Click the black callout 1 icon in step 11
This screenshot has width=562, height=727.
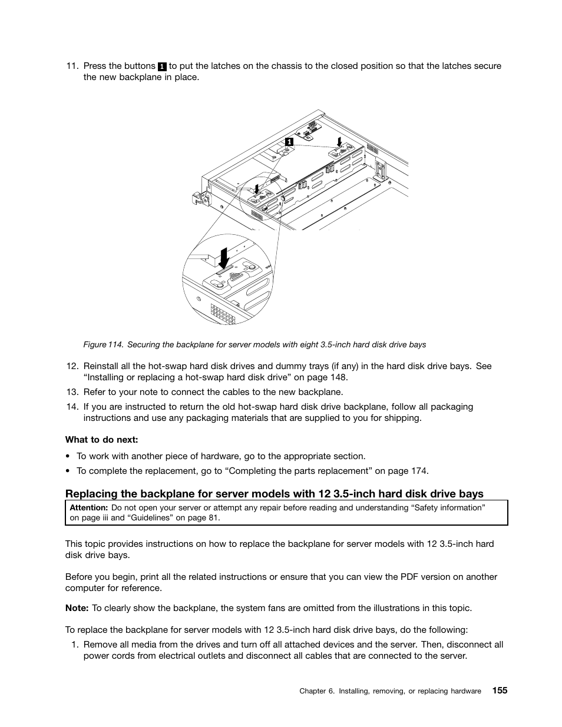click(x=162, y=67)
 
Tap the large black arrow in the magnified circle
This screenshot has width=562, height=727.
click(x=224, y=258)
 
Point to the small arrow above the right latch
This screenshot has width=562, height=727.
click(x=339, y=141)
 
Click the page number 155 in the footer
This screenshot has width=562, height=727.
click(x=499, y=691)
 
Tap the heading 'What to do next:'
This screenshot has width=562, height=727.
click(x=101, y=440)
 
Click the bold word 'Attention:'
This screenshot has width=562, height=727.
click(x=88, y=507)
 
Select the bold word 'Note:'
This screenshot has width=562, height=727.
click(x=77, y=608)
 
